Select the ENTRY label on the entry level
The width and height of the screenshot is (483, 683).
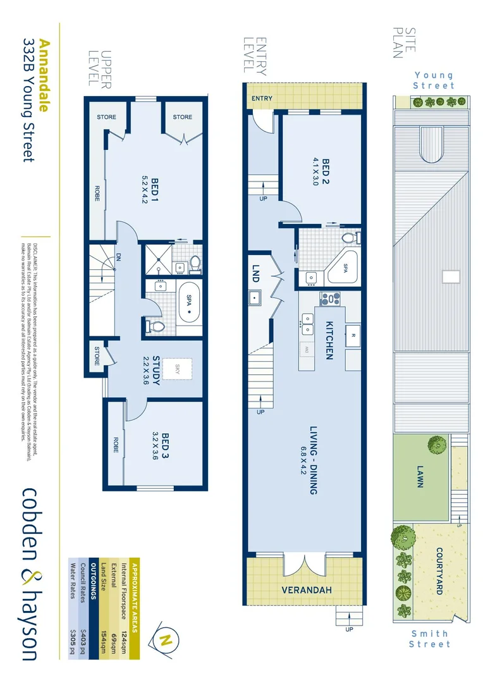coord(262,99)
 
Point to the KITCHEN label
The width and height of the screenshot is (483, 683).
coord(329,340)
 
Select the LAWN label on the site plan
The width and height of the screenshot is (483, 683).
coord(419,476)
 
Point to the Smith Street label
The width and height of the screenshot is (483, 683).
coord(430,638)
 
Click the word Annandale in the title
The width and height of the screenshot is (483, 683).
coord(44,75)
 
